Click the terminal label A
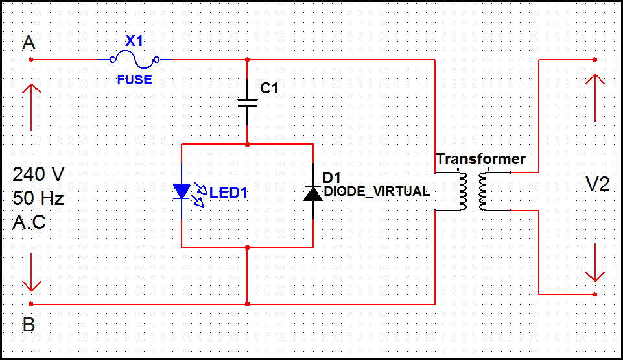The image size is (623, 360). pos(29,43)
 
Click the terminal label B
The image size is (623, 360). pos(29,324)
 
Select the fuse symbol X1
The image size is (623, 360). pos(135,60)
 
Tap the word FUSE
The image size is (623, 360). pos(134,80)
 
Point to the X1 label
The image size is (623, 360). pos(134,41)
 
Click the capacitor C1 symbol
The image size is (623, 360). pos(247,102)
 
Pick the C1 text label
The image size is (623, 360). pos(268,88)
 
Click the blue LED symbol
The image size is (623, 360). pos(182,191)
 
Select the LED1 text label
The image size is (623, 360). pos(228,193)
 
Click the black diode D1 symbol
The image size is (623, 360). pos(312,193)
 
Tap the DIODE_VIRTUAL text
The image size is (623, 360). pos(376,191)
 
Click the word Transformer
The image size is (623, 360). pos(480,159)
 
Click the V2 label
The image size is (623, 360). pos(597,184)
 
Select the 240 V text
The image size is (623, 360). pos(38,174)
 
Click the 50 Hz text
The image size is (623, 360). pos(38,198)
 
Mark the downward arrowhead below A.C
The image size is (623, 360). pos(31,284)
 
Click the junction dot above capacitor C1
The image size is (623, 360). pos(247,60)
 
